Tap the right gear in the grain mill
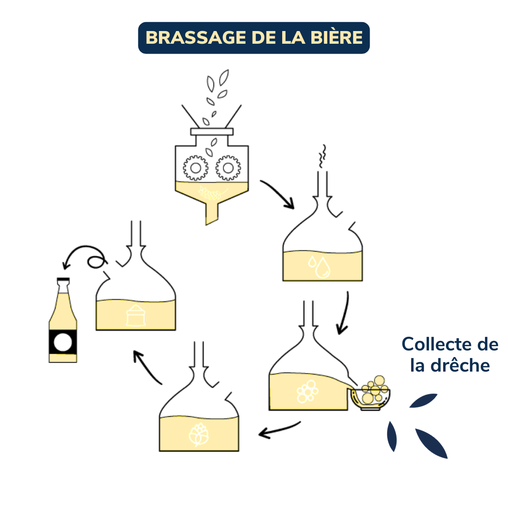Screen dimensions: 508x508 (228, 167)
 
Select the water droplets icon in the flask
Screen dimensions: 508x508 (320, 266)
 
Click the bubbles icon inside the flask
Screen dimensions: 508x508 (307, 392)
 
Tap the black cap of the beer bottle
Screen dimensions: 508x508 (63, 281)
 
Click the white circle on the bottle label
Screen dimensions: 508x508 (63, 342)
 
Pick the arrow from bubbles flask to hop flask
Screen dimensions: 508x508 (279, 429)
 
